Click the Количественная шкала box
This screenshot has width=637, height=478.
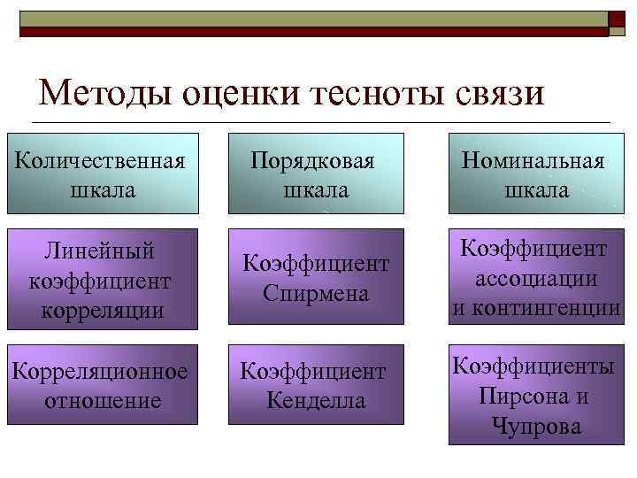102,173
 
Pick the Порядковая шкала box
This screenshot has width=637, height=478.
316,173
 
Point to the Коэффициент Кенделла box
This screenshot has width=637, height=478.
316,385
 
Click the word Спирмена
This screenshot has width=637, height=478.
317,293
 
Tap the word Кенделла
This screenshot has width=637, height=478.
316,401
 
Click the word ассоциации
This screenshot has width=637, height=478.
533,279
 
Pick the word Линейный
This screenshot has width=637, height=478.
100,251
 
